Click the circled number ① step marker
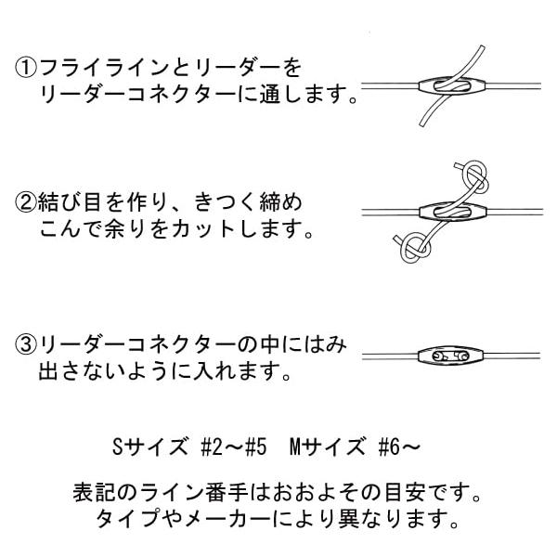pos(26,68)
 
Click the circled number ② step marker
pos(26,202)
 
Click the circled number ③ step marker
pos(26,343)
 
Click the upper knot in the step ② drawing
pos(473,176)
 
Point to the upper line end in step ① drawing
pos(482,47)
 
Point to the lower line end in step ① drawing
pos(421,123)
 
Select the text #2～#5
pos(233,447)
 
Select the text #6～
pos(399,447)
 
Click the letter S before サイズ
pos(118,447)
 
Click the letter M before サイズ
pos(295,447)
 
